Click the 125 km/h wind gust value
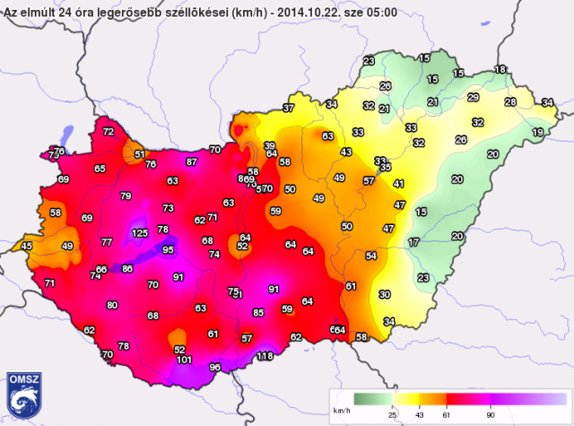(x=139, y=233)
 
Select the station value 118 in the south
(x=265, y=357)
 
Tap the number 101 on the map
(x=184, y=361)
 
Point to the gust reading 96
(x=215, y=368)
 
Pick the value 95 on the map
(x=168, y=249)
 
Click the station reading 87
(x=192, y=162)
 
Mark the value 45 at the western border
(x=27, y=246)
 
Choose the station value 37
(x=288, y=109)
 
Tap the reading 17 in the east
(x=413, y=243)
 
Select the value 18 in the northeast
(x=500, y=70)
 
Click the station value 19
(x=537, y=133)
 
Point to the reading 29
(x=474, y=98)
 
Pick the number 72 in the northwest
(x=109, y=132)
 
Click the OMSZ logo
(x=22, y=393)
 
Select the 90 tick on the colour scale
(x=491, y=415)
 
